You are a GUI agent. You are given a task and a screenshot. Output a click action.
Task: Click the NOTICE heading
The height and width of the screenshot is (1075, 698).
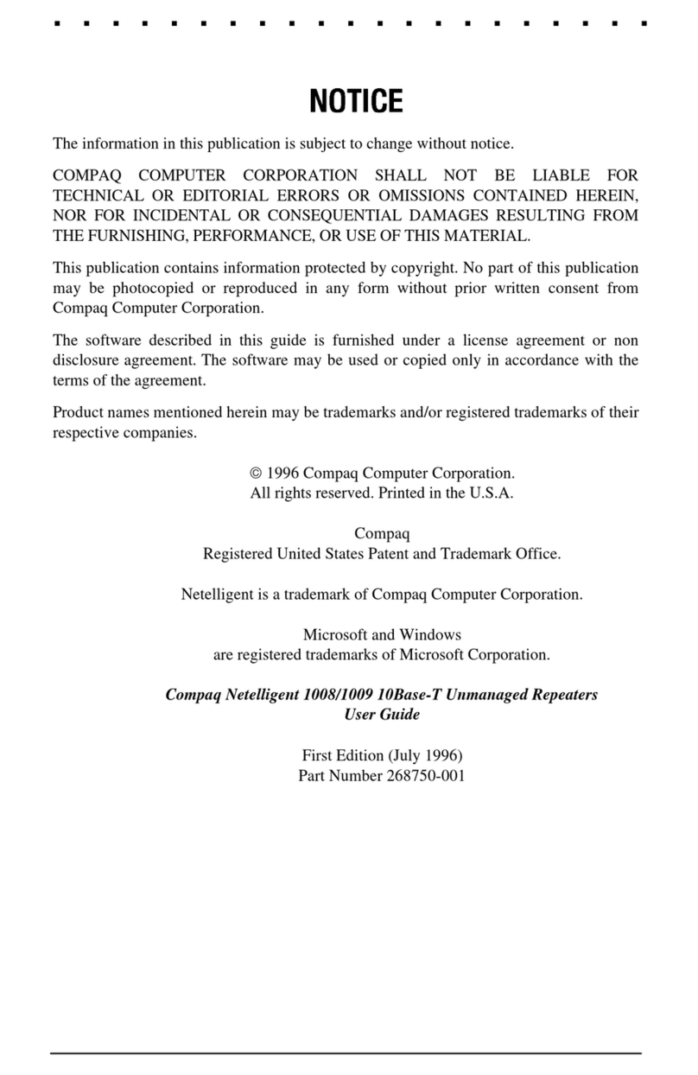coord(356,102)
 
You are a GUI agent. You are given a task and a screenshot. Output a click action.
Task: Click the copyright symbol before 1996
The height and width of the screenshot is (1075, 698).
coord(254,473)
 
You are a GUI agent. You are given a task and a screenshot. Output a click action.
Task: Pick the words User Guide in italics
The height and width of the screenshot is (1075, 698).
coord(382,715)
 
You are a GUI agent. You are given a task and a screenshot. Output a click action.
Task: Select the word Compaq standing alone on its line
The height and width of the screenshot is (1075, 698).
coord(382,533)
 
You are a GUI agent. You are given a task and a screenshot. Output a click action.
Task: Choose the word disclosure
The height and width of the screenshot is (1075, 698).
coord(86,360)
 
